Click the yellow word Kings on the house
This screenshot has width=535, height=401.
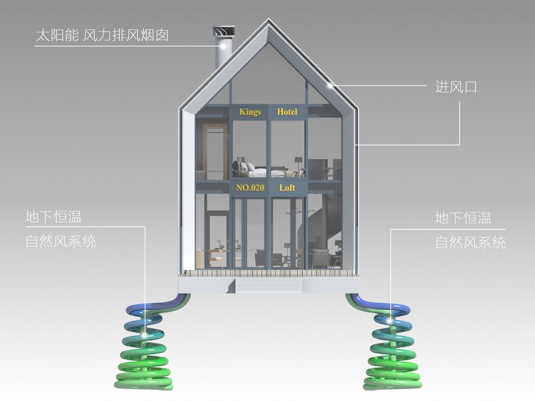pos(250,112)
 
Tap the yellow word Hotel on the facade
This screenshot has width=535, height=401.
pos(287,112)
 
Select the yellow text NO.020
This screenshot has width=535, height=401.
pos(250,188)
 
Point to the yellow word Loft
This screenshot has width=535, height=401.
pos(287,188)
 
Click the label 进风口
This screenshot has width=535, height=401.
pos(456,87)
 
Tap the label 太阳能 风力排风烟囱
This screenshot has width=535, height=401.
pos(102,35)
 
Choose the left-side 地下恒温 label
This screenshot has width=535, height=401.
pos(53,217)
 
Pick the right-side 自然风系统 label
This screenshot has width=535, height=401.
pos(470,242)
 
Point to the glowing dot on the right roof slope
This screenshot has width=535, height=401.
pos(330,86)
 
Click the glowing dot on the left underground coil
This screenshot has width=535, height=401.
pos(145,336)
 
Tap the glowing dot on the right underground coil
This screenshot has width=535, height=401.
pos(390,321)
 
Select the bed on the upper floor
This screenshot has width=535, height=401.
pos(259,170)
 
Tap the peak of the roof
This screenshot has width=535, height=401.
pos(269,19)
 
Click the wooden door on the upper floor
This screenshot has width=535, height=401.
pos(215,151)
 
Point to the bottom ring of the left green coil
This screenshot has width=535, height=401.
pos(143,384)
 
